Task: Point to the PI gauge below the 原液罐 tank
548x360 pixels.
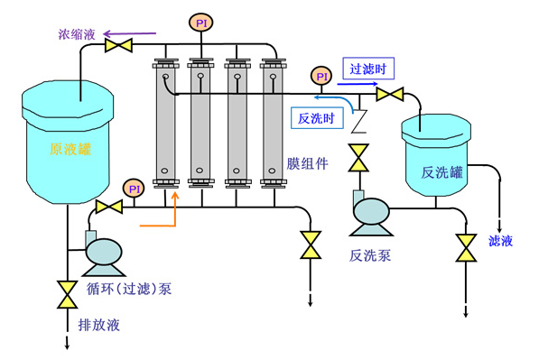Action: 134,188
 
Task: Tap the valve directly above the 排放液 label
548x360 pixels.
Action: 66,293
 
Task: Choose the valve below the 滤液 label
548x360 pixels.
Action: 466,246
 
